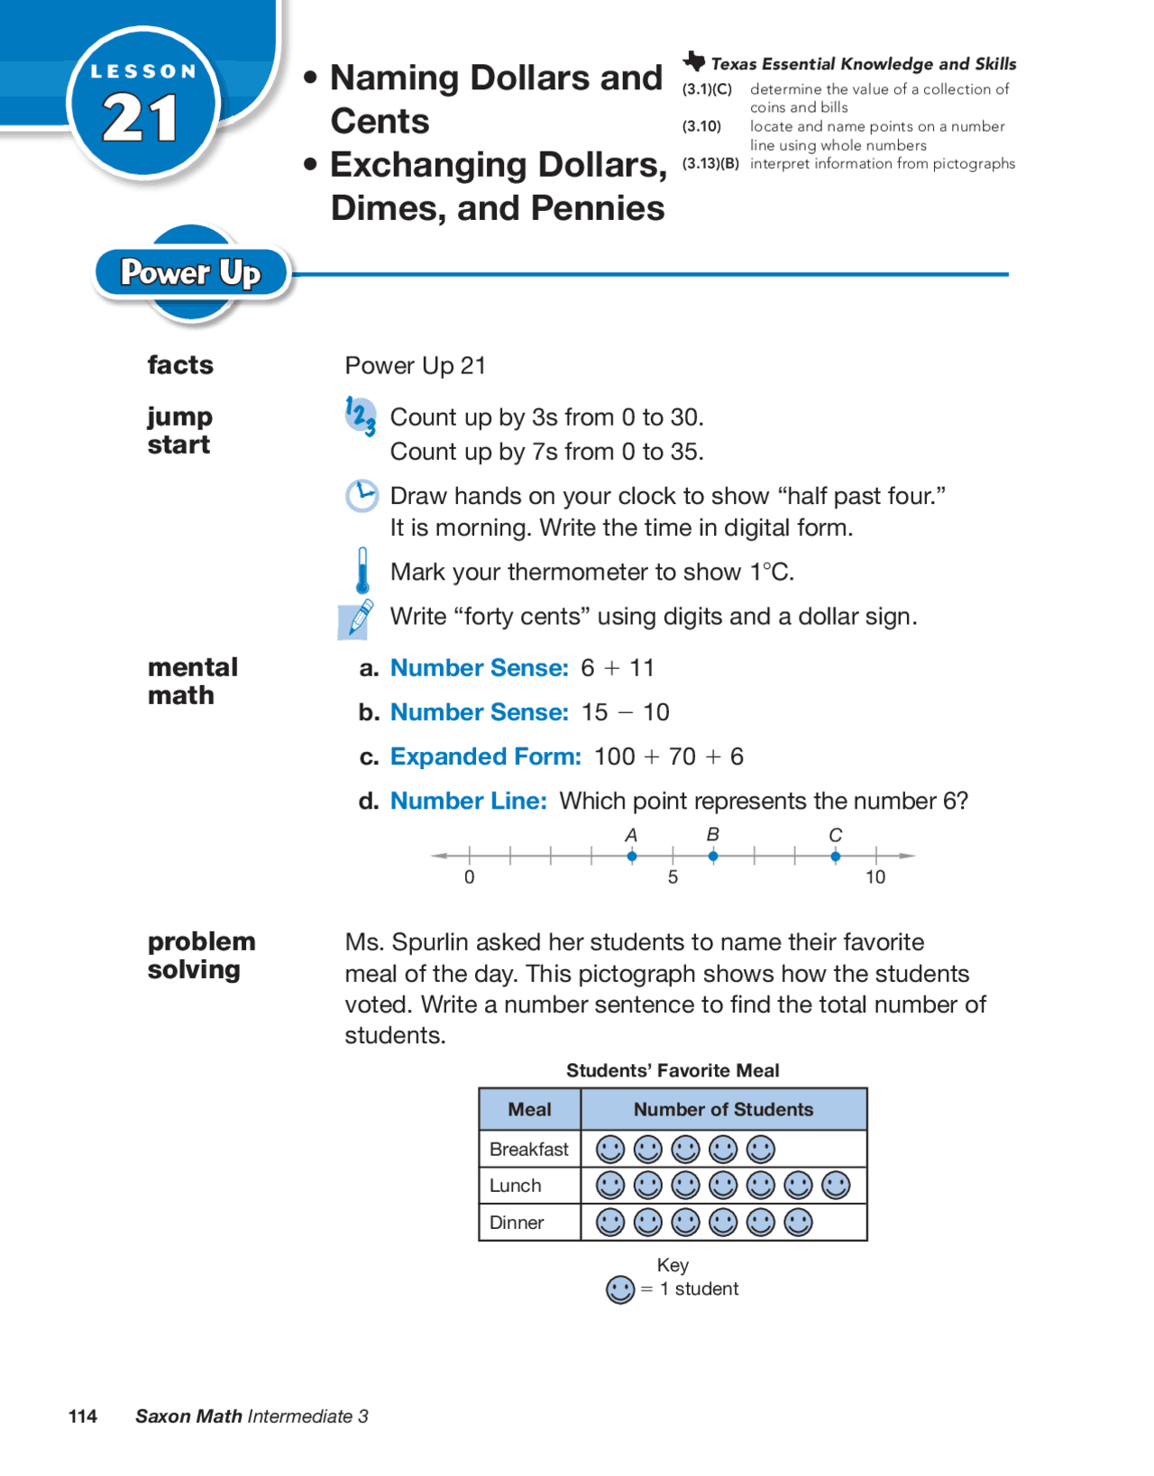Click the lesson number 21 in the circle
pos(141,118)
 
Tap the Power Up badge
pos(190,272)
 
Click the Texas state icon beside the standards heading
pos(694,61)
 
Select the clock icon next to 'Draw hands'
pos(362,496)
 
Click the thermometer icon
pos(362,571)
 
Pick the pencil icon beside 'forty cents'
pos(357,619)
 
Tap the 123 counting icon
pos(361,417)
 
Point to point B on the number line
pos(713,856)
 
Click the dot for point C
pos(836,856)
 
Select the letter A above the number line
pos(631,835)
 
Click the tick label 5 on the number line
pos(673,877)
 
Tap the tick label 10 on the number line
pos(875,877)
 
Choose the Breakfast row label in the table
pos(528,1149)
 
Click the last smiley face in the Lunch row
pos(836,1186)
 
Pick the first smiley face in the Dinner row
pos(610,1223)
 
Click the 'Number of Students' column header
pos(723,1109)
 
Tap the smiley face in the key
pos(620,1289)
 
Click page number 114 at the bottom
pos(83,1416)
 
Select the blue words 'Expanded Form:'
pos(485,756)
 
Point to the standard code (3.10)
pos(701,126)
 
